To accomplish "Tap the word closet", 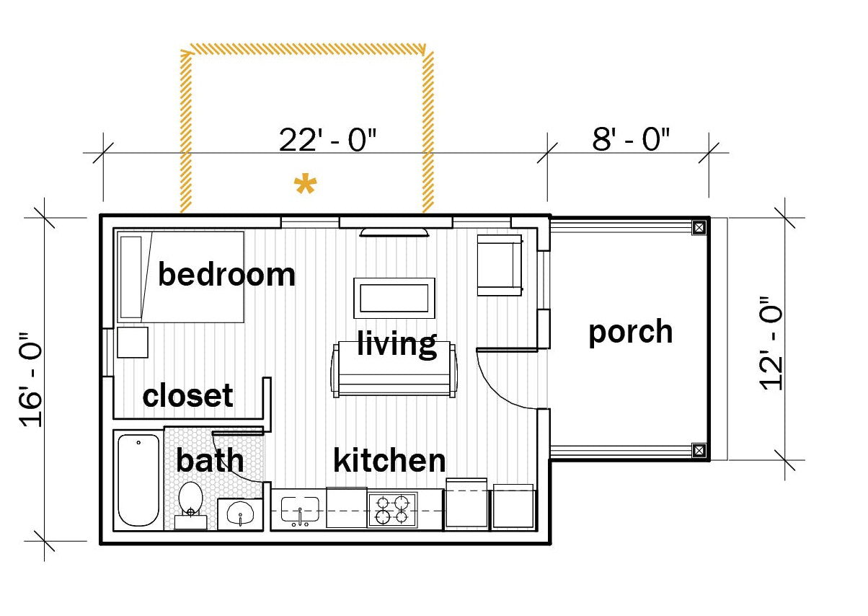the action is coord(188,395).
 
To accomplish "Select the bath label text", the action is coord(210,460).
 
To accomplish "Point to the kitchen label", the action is coord(389,460).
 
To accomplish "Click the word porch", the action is coord(631,333).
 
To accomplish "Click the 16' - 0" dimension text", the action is coord(30,379).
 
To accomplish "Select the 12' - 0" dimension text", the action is coord(771,344).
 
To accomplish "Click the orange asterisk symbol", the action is coord(306,184).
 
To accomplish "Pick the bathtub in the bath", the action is coord(138,480).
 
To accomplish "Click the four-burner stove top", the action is coord(392,510).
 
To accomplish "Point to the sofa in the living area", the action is coord(394,369).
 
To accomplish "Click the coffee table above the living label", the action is coord(394,298).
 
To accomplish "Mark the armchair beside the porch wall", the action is coord(500,265).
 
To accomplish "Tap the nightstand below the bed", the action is coord(133,343).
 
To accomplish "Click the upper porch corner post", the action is coord(699,227).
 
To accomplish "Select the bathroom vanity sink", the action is coord(240,514).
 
